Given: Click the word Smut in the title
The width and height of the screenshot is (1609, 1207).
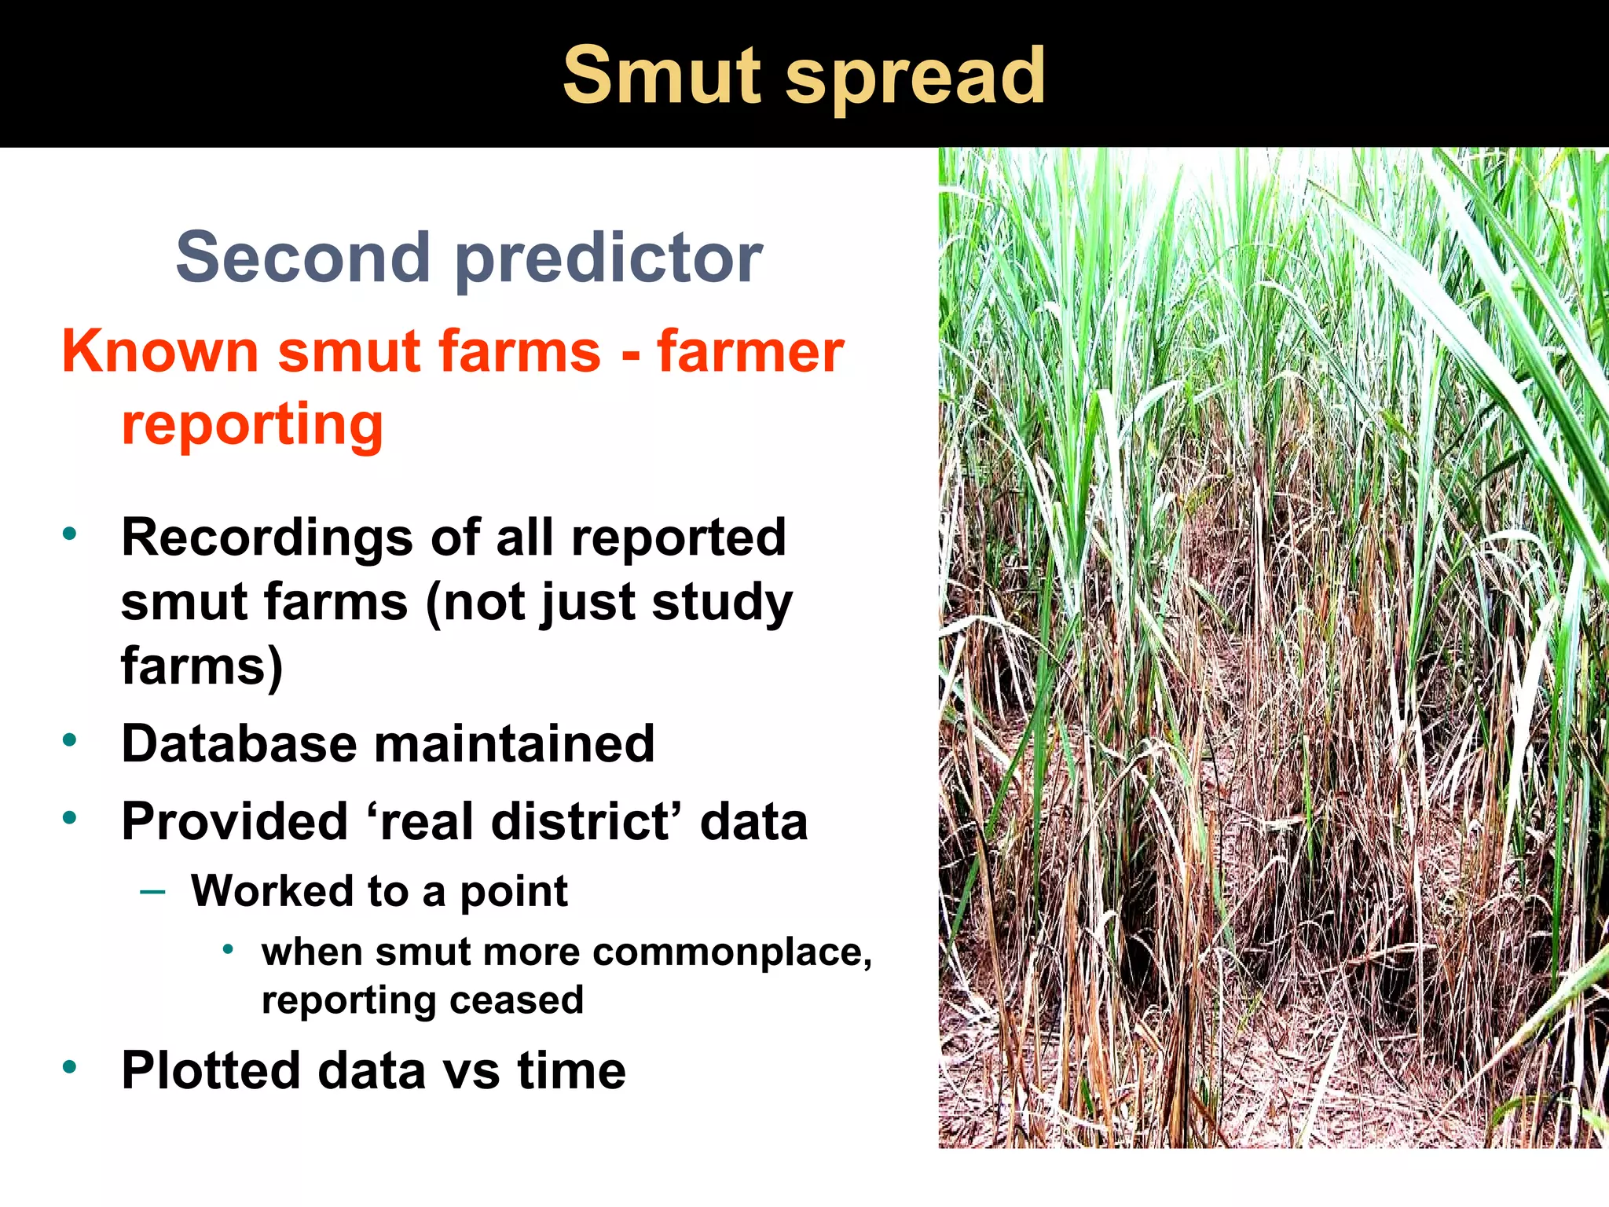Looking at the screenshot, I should (664, 75).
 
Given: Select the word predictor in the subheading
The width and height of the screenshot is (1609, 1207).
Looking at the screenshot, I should (609, 259).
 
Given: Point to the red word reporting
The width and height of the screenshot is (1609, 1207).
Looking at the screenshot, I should (252, 425).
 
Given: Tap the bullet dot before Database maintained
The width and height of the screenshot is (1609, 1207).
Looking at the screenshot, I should (70, 739).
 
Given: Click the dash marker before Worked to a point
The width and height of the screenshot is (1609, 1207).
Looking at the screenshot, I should (152, 891).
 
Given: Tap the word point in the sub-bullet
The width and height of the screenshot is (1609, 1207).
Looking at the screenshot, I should (513, 893).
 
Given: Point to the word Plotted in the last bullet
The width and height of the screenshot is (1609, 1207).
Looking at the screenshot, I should (211, 1070).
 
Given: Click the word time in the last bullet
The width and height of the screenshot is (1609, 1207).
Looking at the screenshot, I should (571, 1070).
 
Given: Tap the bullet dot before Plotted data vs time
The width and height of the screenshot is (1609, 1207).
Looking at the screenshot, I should (70, 1067).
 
